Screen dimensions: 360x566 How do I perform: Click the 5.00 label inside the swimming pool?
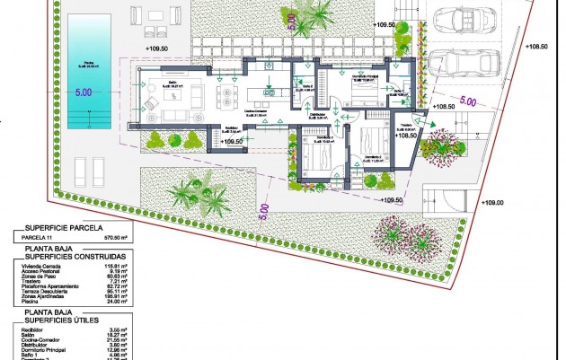coord(84,92)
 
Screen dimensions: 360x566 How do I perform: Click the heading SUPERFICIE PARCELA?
coord(60,226)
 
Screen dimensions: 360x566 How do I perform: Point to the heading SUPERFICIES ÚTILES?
coord(59,320)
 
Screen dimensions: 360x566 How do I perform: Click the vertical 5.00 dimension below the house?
coord(265,212)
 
